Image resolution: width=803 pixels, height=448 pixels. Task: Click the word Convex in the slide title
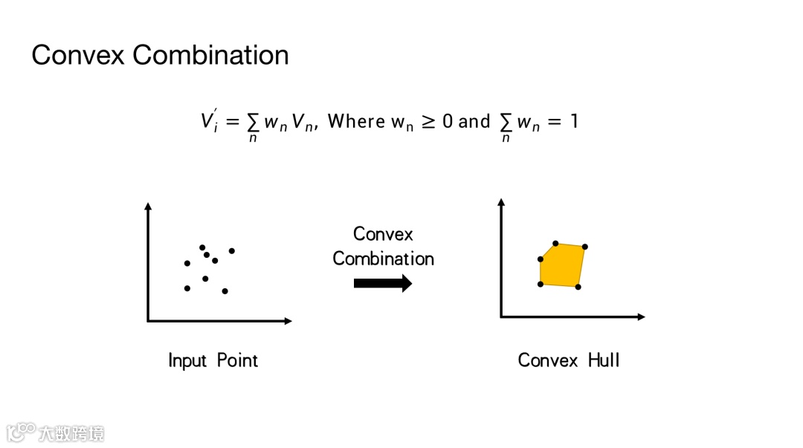tap(78, 55)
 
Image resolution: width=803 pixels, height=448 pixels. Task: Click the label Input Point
tap(213, 361)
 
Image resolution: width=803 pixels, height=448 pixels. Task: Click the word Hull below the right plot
tap(603, 360)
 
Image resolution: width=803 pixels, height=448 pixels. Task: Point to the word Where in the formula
tap(356, 121)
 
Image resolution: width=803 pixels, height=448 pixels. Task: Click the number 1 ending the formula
tap(573, 121)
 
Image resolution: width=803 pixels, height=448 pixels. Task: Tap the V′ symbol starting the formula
tap(208, 121)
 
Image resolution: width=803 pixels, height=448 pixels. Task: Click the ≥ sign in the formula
tap(428, 121)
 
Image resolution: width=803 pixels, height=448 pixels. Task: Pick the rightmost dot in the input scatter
tap(232, 251)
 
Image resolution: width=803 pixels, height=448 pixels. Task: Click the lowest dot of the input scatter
tap(225, 291)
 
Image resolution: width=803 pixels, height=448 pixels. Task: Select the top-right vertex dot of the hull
tap(585, 247)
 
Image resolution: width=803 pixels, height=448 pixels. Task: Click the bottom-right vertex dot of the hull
tap(578, 287)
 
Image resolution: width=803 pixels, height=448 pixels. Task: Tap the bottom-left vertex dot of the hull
tap(541, 285)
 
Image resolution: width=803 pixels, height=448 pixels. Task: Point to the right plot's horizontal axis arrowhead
tap(640, 317)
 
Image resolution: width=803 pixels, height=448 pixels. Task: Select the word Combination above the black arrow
tap(383, 259)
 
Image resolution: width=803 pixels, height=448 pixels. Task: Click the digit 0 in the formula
tap(448, 121)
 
